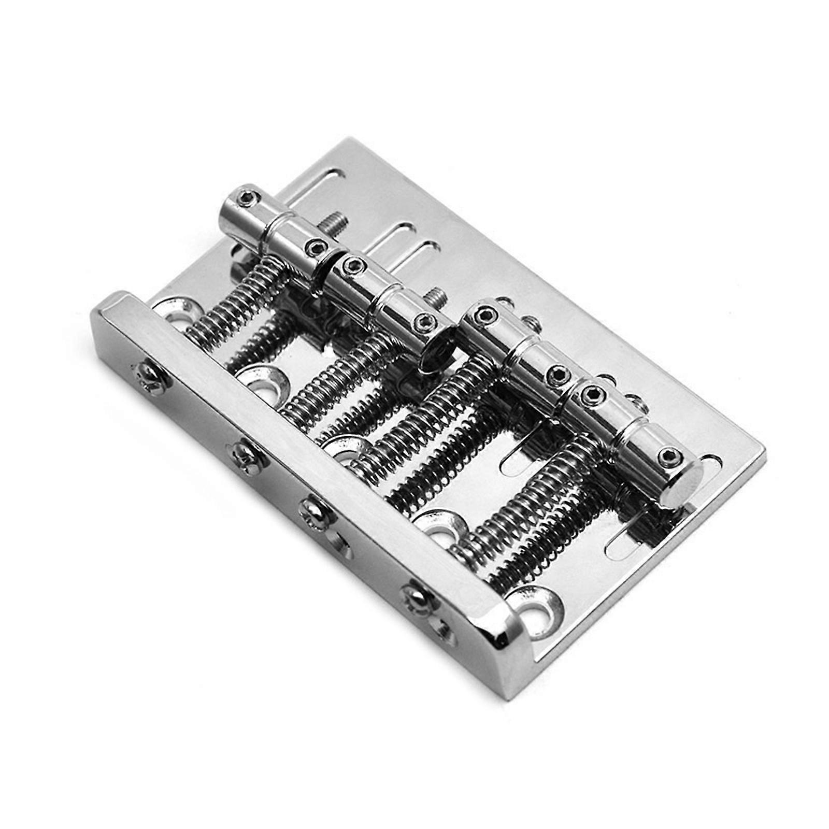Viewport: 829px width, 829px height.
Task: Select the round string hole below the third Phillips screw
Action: (339, 541)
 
